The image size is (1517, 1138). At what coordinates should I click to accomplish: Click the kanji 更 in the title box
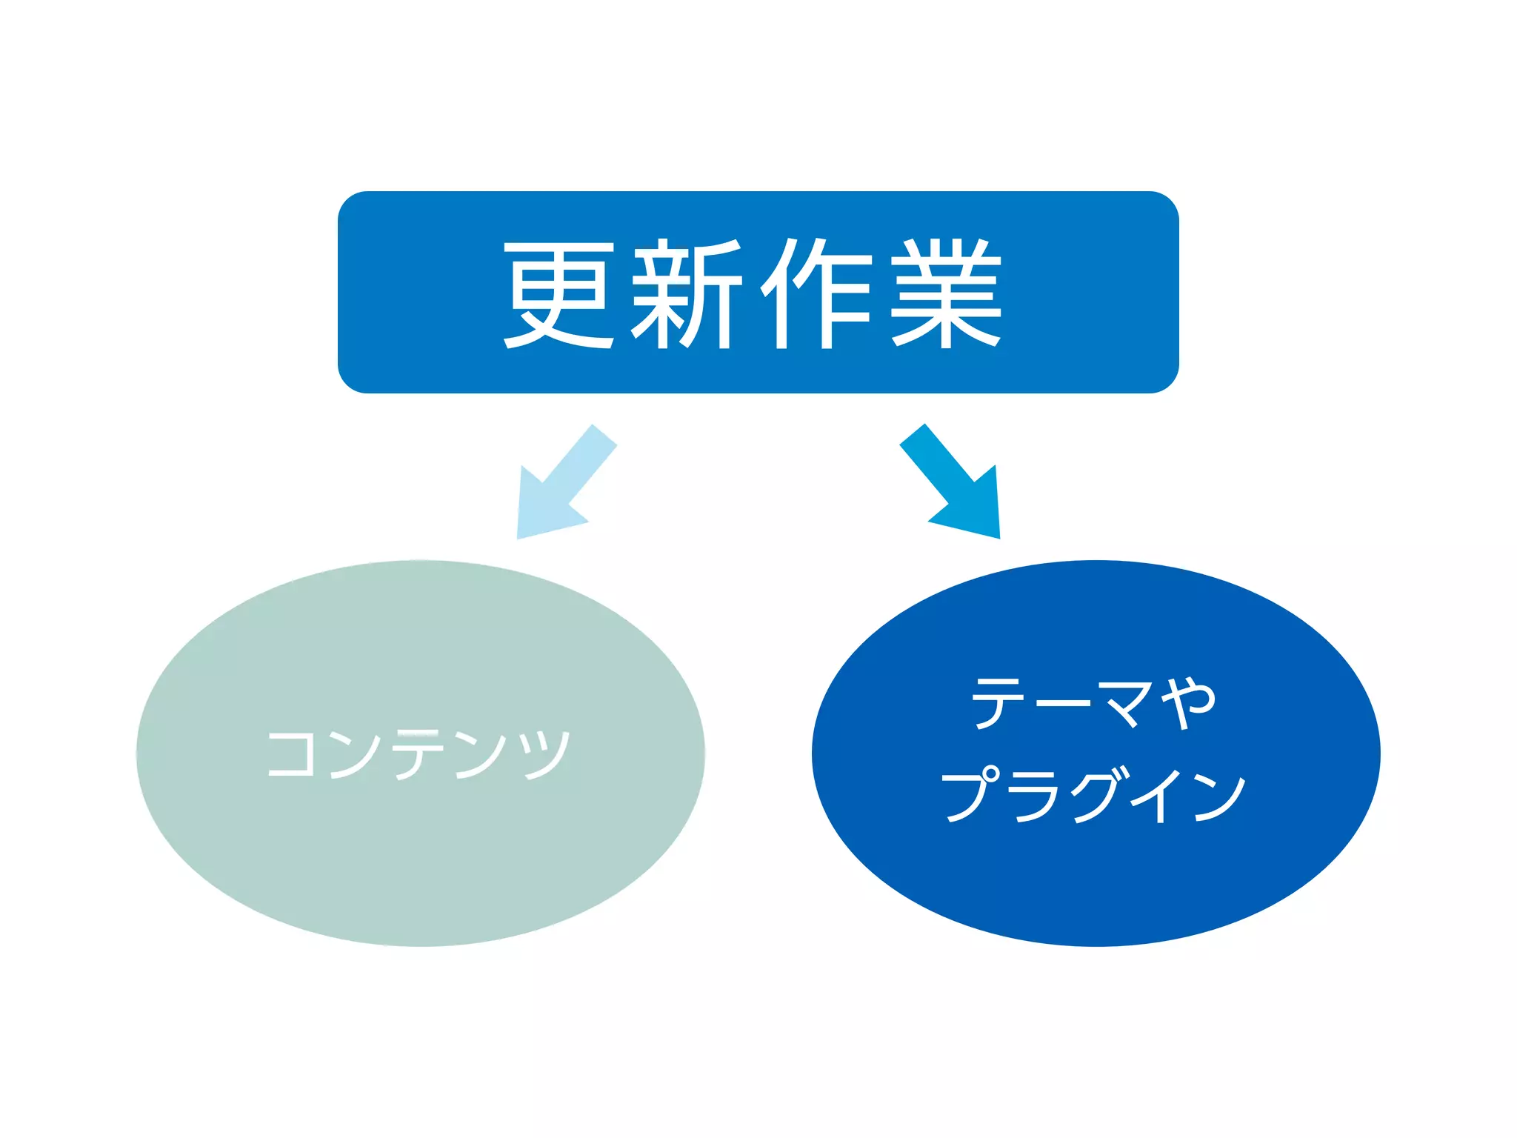click(x=560, y=294)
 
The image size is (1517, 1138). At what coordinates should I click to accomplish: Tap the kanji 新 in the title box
click(x=686, y=294)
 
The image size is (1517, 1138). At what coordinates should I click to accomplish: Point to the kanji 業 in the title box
click(x=947, y=294)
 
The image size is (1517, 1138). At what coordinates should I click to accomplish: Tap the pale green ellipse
click(x=420, y=852)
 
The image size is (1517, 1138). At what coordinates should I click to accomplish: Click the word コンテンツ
click(x=419, y=753)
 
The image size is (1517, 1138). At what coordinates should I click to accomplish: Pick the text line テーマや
click(x=1094, y=702)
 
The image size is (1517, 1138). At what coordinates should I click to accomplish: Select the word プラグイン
click(x=1094, y=795)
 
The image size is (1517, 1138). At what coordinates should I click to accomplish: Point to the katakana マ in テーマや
click(x=1125, y=702)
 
